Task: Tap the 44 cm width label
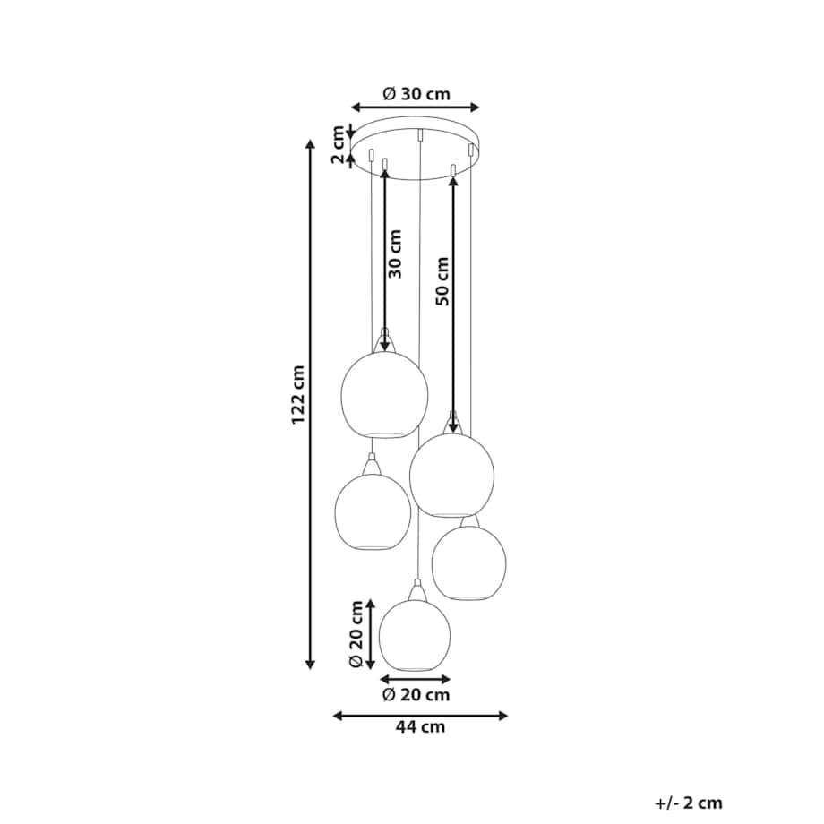click(x=420, y=727)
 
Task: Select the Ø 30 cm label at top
click(x=416, y=94)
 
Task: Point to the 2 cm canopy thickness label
click(x=338, y=144)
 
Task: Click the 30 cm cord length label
click(x=395, y=253)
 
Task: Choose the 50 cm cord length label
click(x=443, y=281)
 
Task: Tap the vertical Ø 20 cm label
click(x=356, y=634)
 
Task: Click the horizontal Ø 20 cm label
click(x=416, y=695)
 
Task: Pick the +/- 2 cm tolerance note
click(x=689, y=803)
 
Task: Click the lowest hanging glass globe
click(x=415, y=634)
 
